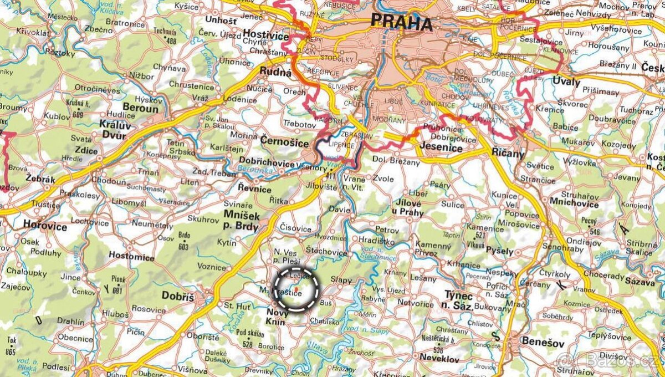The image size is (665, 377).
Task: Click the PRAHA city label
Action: point(401,23)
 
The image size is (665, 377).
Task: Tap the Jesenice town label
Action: point(442,149)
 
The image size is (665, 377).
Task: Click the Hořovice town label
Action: point(45,226)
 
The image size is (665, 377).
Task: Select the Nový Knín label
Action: point(278,317)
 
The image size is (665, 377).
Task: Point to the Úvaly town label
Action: point(566,82)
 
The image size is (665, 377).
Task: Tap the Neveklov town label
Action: point(439,359)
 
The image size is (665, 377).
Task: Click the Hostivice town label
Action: point(266,35)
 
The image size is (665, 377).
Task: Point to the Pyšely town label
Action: point(500,251)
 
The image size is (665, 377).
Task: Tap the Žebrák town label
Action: point(40,179)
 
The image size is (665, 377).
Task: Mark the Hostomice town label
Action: point(131,257)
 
